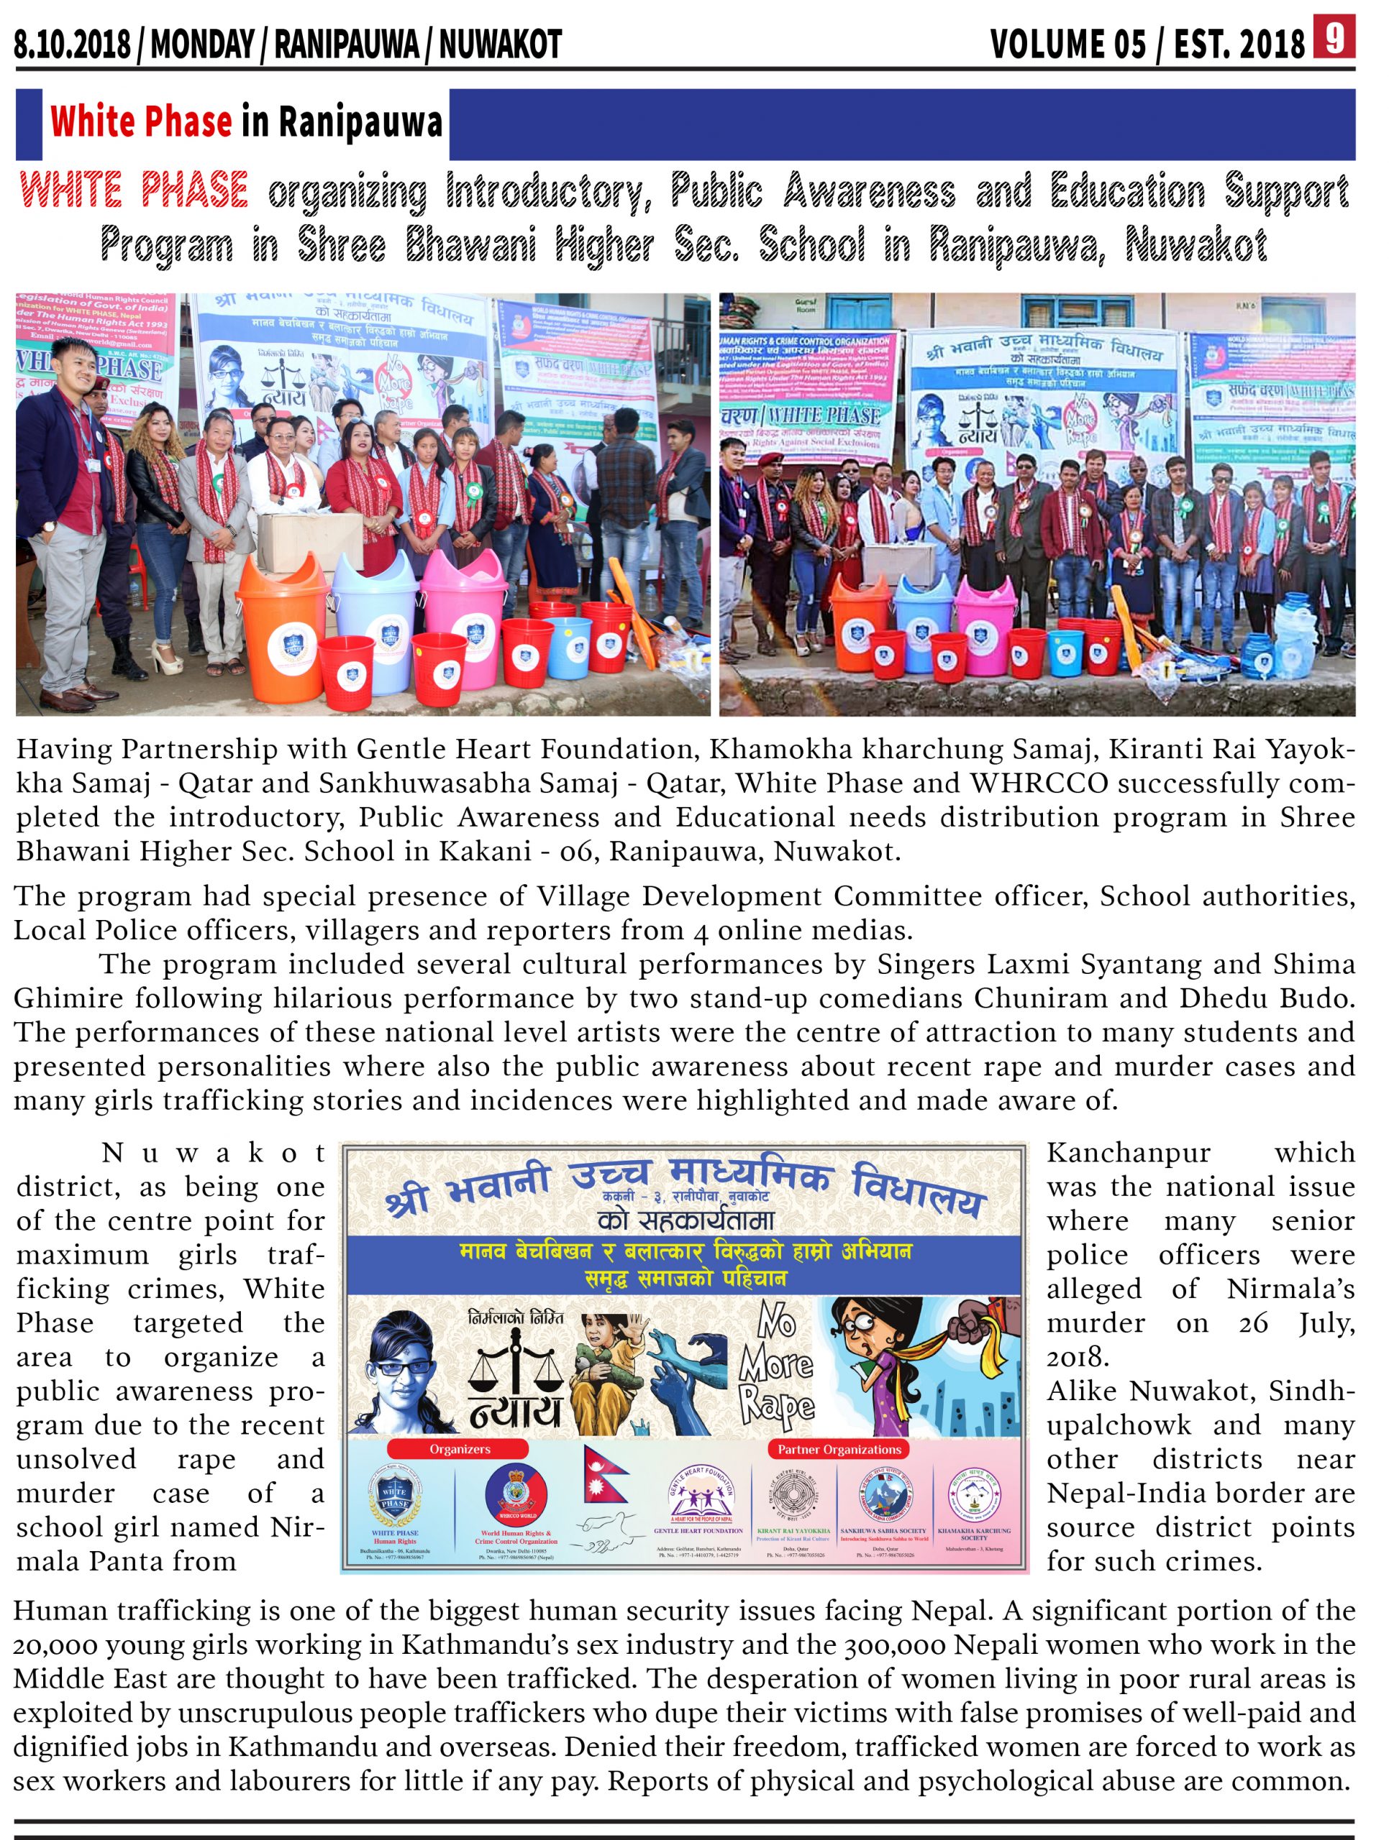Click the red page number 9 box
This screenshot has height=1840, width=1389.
click(x=1335, y=38)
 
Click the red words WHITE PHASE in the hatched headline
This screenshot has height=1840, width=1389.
click(x=134, y=190)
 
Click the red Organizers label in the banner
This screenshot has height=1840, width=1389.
click(x=460, y=1449)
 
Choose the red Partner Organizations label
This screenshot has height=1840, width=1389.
click(x=839, y=1449)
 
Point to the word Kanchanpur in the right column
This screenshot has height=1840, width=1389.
click(x=1128, y=1153)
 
